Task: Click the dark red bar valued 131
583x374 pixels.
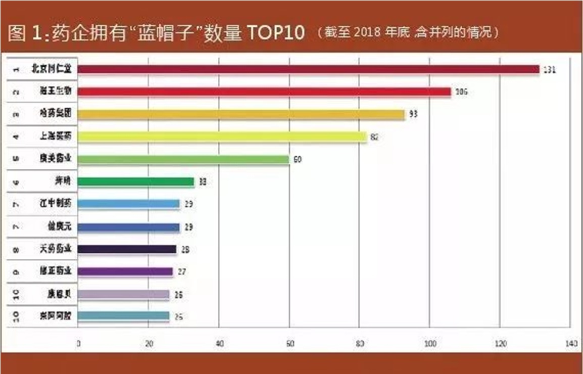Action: click(308, 69)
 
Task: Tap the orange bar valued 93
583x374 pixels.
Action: click(241, 115)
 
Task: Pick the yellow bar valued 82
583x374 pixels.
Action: click(222, 136)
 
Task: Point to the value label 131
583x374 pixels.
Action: click(549, 70)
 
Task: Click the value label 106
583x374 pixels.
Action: click(462, 92)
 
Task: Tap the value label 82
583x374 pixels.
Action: click(374, 137)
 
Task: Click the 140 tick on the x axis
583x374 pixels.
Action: click(570, 344)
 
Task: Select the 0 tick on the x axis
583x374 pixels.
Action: click(78, 344)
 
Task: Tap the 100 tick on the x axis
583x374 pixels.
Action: click(429, 344)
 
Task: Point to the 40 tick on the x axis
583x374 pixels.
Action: click(219, 344)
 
